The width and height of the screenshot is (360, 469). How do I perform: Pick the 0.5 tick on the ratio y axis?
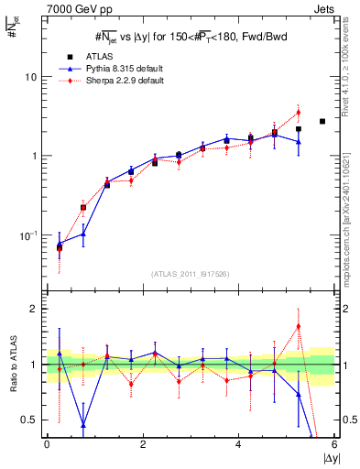tap(28, 420)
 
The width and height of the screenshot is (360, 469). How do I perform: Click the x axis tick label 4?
tap(238, 444)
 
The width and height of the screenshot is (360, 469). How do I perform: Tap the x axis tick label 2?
tap(142, 444)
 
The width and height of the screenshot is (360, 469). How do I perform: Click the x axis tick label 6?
tap(334, 444)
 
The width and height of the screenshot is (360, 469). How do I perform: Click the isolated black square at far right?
tap(322, 121)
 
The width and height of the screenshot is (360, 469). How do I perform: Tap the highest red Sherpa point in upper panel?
tap(299, 113)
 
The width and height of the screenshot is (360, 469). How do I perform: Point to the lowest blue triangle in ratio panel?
tap(83, 425)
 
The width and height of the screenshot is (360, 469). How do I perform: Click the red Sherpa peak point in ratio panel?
tap(299, 326)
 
